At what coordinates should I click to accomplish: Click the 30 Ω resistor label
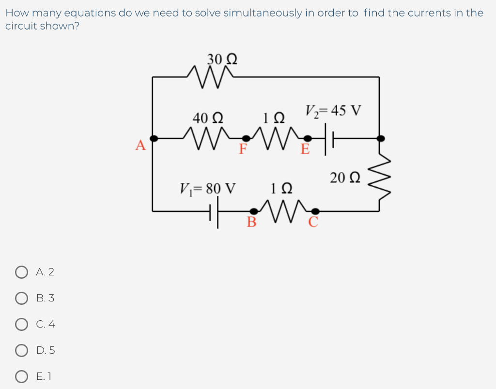coord(222,59)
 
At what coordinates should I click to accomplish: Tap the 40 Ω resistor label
coord(208,118)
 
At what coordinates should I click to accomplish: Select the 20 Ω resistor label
coord(345,178)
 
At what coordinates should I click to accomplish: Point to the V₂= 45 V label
coord(333,111)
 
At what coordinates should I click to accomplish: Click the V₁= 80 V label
coord(207,188)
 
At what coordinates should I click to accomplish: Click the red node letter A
coord(140,145)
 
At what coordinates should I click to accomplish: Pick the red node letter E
coord(305,149)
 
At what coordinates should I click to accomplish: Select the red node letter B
coord(251,222)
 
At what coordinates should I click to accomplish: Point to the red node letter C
coord(313,222)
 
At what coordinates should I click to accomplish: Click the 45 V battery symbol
coord(328,139)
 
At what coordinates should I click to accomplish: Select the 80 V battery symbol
coord(214,211)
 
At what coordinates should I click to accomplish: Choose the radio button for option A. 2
coord(21,272)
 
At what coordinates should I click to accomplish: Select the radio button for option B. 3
coord(21,299)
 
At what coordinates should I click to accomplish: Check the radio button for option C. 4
coord(21,324)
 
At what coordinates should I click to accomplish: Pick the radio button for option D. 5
coord(21,350)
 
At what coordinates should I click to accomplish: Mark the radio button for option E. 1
coord(21,376)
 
